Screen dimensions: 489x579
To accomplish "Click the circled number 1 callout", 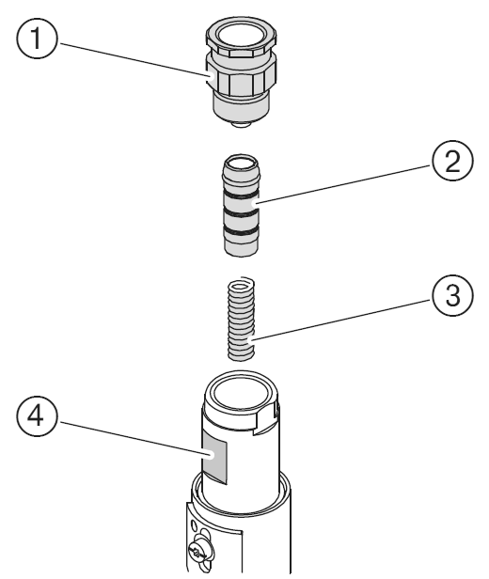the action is click(37, 39).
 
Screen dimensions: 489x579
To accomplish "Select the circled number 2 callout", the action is click(452, 161).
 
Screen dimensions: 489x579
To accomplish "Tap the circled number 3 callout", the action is click(452, 295).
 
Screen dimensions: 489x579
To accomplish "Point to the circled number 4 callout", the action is click(37, 416).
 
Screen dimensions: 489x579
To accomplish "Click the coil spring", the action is click(241, 319).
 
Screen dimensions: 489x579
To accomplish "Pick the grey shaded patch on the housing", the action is click(214, 457).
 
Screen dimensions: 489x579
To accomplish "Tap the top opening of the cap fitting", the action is click(241, 36).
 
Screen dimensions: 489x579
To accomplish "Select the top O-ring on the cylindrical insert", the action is click(241, 194).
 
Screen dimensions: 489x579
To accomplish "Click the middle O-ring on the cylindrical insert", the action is click(241, 213).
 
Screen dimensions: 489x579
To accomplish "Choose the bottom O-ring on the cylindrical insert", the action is click(241, 232).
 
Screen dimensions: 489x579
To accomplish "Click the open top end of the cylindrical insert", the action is click(241, 164).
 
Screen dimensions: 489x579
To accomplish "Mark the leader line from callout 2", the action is click(343, 184).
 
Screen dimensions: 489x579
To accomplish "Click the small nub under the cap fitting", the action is click(241, 125).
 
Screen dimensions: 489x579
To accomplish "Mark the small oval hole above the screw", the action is click(193, 524).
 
